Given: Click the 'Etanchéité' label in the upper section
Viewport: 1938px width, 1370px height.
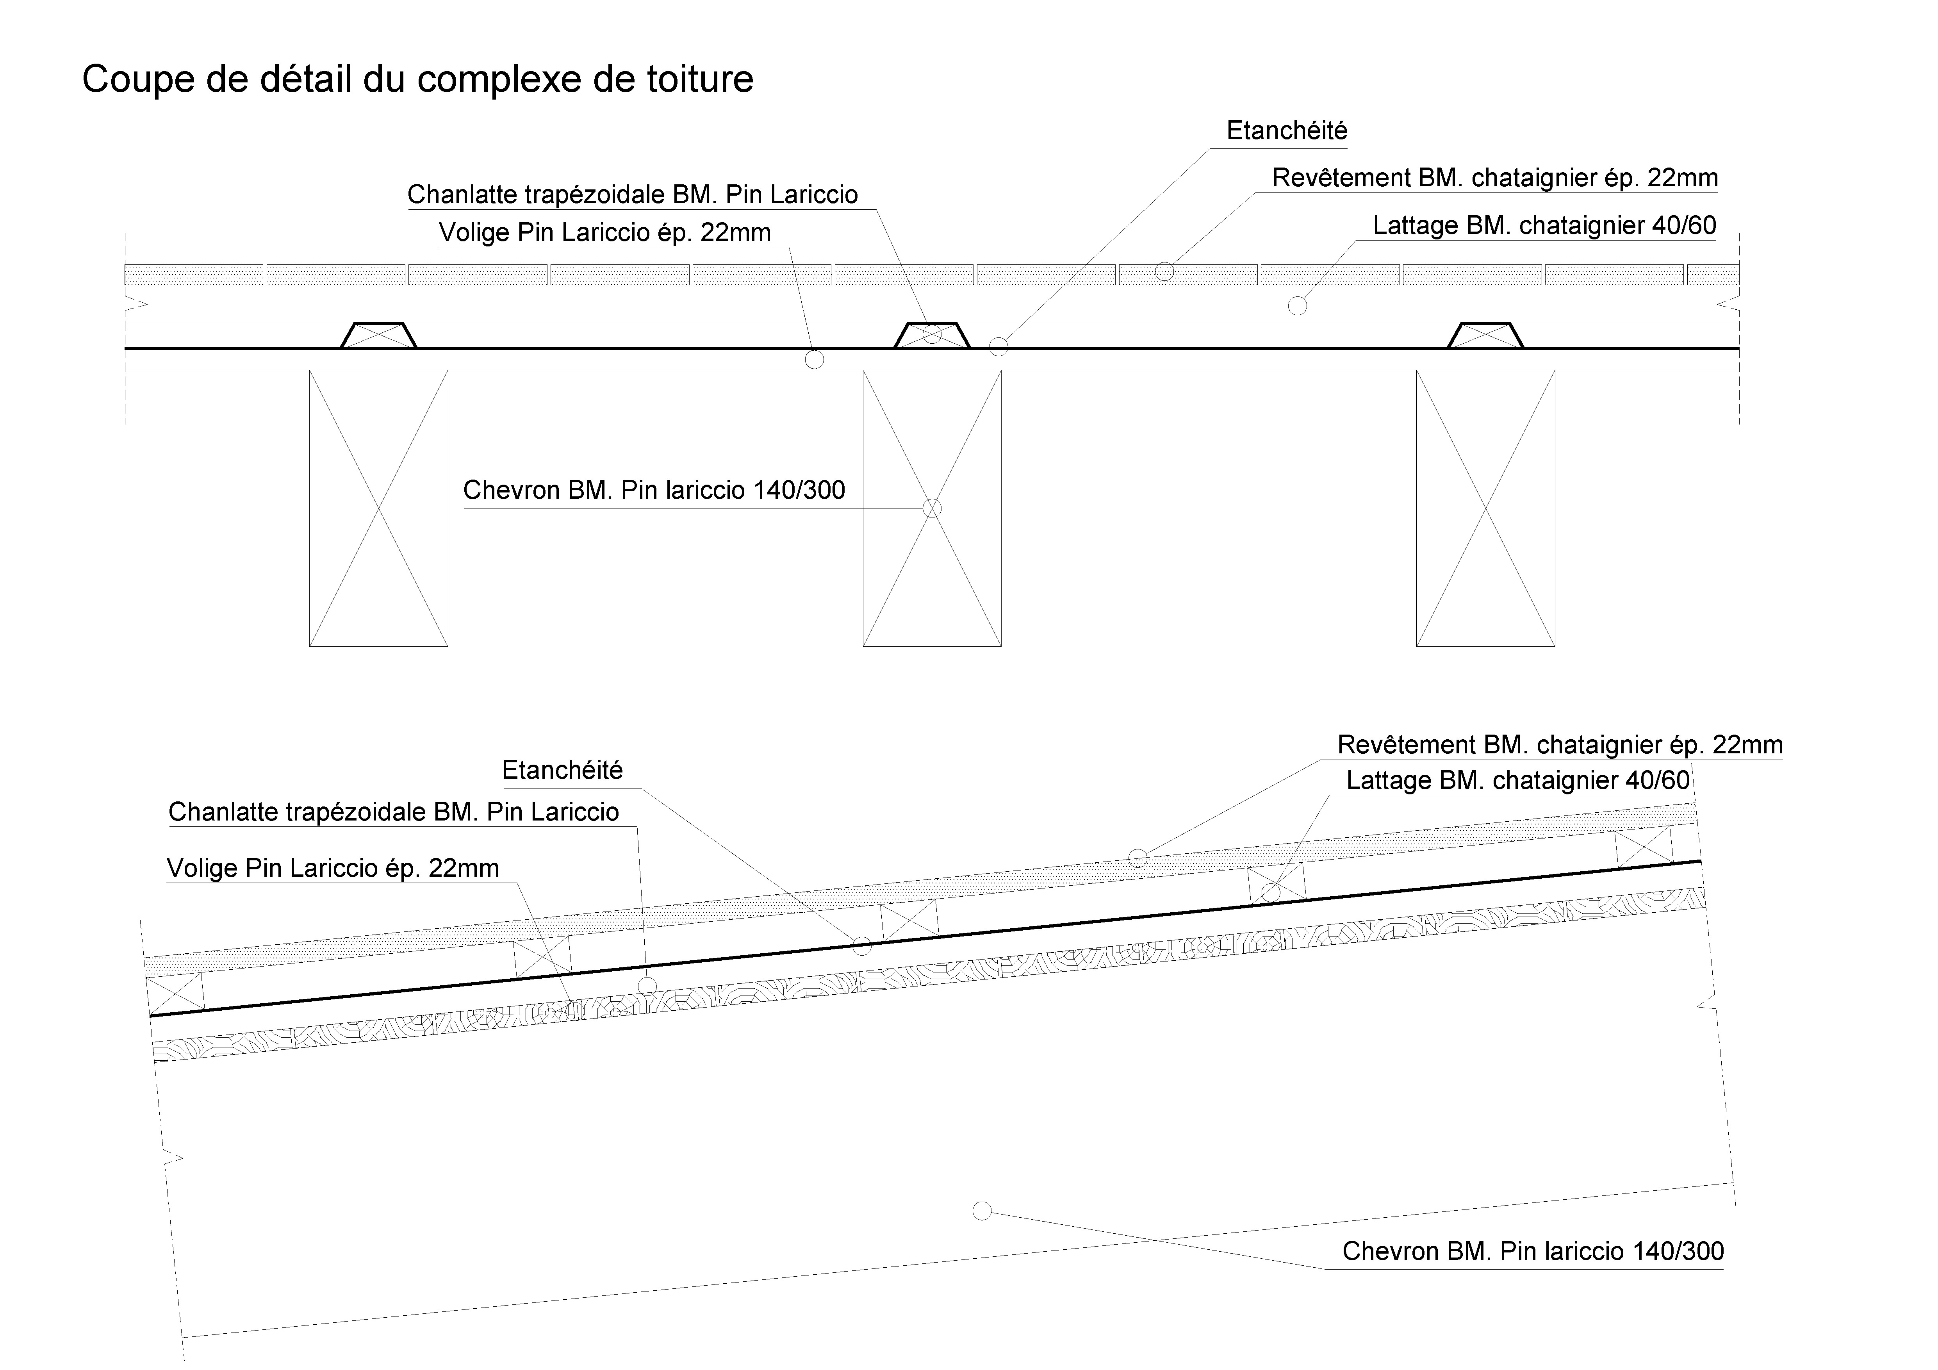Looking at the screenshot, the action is (1286, 131).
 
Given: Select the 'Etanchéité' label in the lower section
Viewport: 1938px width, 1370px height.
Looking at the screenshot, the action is (562, 770).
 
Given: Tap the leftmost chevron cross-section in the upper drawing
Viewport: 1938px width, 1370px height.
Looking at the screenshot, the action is (378, 508).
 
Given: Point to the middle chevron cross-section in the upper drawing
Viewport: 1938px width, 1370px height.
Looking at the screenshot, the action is (932, 508).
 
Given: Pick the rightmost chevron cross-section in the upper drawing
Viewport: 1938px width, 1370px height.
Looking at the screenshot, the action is (1485, 508).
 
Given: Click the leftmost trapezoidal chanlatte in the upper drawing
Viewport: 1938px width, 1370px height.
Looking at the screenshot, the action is (378, 335).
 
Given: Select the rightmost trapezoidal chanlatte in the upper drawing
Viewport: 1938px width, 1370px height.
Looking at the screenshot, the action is (1485, 335).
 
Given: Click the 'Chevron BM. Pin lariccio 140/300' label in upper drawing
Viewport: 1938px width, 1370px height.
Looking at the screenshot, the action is (654, 491).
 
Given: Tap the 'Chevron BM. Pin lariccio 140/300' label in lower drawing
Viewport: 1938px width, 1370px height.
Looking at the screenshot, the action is (1533, 1251).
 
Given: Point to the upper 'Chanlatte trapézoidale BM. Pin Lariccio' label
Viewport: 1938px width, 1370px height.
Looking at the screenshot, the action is (632, 195).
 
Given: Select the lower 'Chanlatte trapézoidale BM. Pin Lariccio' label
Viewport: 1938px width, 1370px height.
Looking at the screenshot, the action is (393, 812).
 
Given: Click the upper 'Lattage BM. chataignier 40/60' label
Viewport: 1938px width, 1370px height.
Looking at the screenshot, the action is (1545, 225).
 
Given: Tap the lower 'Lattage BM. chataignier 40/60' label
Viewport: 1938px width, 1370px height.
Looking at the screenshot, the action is (1518, 780).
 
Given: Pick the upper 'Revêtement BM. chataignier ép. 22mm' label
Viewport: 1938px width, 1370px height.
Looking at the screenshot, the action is (1495, 178).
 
